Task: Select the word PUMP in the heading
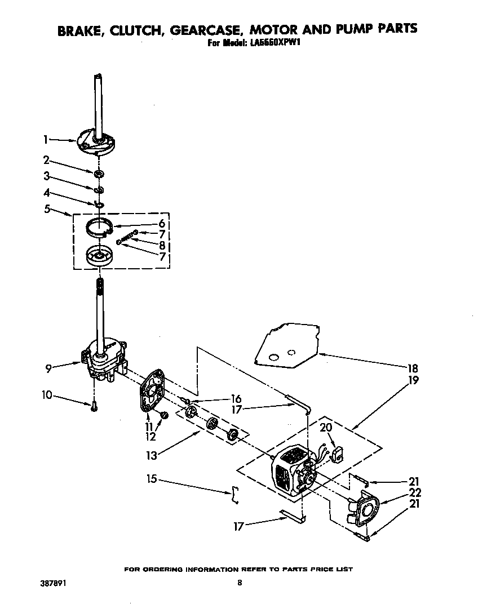(347, 29)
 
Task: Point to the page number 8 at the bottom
(240, 583)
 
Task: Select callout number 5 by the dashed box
(46, 210)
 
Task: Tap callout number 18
(413, 368)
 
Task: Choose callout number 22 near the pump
(414, 492)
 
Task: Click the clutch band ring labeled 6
(100, 229)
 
